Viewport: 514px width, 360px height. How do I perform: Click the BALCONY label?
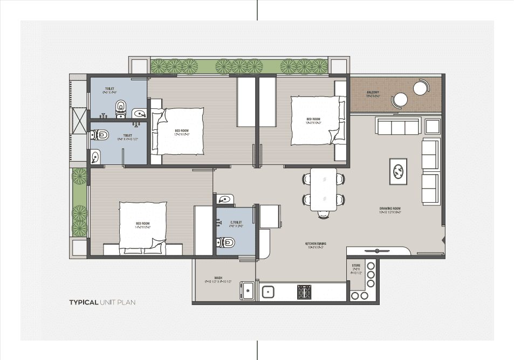click(373, 92)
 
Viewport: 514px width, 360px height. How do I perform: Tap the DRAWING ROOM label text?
click(390, 209)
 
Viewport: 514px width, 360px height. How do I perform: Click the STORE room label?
click(355, 266)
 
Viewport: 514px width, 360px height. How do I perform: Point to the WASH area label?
click(218, 279)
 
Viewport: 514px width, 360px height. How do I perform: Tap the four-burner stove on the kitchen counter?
click(304, 292)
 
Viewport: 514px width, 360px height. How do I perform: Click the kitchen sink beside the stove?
click(268, 292)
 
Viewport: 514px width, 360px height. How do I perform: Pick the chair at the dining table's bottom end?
click(323, 214)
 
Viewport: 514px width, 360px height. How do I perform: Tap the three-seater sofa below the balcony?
click(399, 127)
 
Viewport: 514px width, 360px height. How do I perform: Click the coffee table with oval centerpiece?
click(398, 171)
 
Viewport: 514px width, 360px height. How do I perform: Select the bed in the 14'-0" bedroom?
click(143, 226)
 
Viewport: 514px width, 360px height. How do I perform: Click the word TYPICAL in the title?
click(83, 302)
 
